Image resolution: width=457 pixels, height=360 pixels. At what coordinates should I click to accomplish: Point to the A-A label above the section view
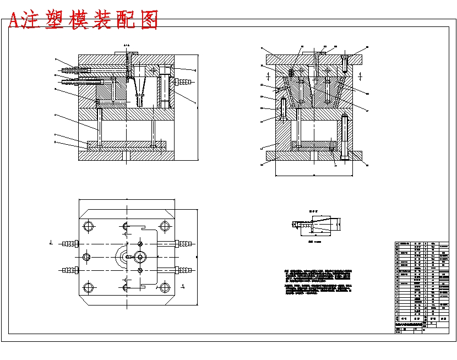pos(127,45)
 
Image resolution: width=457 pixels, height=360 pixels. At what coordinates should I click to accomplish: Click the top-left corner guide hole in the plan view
pos(88,226)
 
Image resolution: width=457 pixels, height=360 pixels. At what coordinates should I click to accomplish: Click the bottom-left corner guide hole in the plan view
pos(88,286)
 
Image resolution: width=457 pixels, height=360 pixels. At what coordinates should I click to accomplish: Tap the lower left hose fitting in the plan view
pos(69,270)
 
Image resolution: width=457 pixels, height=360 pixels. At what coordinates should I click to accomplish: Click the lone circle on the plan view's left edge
pos(86,257)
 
